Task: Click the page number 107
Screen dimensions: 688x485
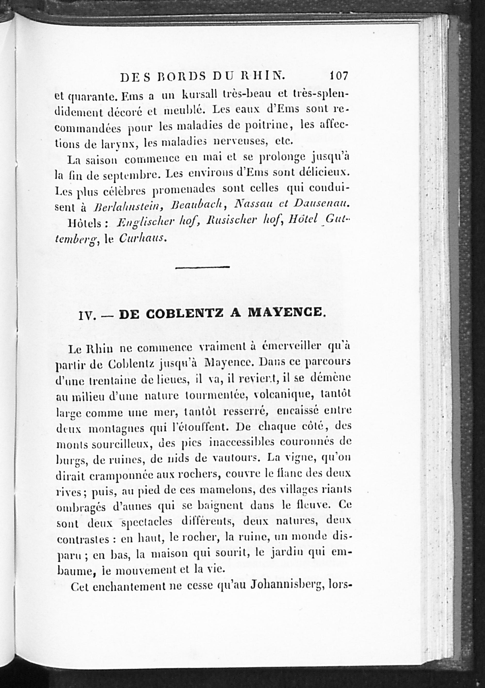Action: tap(339, 76)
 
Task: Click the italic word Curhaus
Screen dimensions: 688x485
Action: tap(142, 238)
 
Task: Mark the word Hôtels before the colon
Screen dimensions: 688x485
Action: tap(85, 223)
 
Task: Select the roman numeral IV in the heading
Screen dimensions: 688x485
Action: tap(87, 316)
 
